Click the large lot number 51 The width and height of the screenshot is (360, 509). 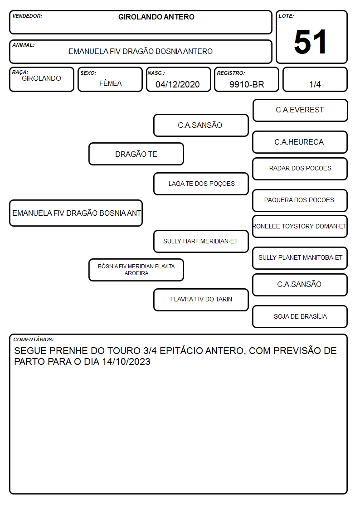(x=310, y=42)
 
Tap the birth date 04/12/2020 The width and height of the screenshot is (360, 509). (x=178, y=84)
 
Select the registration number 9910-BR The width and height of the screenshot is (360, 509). (x=247, y=84)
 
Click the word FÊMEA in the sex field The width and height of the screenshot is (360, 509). (x=110, y=83)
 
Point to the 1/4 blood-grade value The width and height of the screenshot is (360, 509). (x=315, y=84)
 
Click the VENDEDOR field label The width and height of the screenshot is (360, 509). (x=27, y=16)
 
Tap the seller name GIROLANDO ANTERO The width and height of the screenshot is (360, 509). (x=156, y=17)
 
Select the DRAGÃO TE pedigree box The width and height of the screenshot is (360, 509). (x=136, y=154)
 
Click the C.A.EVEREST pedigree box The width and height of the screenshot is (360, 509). (x=300, y=111)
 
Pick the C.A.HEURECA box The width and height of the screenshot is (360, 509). (x=300, y=142)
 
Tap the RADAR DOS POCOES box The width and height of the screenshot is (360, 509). (x=300, y=169)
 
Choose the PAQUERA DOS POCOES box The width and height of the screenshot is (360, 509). (x=300, y=200)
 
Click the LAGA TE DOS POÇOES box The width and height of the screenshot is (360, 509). (x=201, y=184)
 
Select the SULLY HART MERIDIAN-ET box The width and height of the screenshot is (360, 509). (x=201, y=241)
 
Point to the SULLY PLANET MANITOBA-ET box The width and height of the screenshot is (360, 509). (x=300, y=258)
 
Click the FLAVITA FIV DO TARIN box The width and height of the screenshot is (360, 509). (x=201, y=300)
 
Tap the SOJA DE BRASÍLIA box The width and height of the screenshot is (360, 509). (x=300, y=316)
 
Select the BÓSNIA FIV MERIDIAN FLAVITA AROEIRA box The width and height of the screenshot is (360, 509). (x=136, y=270)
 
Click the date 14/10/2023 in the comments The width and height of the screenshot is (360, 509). (x=126, y=362)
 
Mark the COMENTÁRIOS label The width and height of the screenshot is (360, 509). (x=34, y=339)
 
